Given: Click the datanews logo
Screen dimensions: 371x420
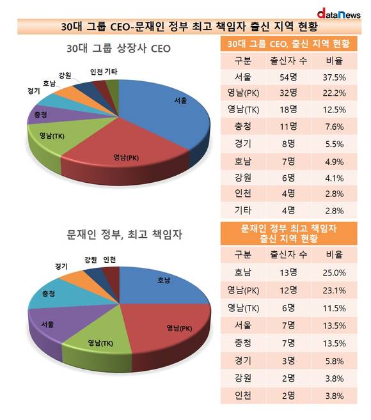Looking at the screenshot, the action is point(339,14).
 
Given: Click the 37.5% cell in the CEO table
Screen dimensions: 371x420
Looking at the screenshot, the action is point(335,77).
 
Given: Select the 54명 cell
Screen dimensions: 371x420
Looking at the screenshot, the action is point(288,77).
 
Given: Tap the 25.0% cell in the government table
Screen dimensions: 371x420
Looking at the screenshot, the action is point(335,273).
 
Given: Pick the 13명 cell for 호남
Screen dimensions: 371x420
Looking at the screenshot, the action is point(288,273).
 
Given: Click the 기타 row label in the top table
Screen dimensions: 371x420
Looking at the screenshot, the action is point(243,210).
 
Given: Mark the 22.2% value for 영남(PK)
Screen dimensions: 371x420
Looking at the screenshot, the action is point(335,93).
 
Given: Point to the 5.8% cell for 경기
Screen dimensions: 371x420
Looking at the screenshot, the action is point(335,361).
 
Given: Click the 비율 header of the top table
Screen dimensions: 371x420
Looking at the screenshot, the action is point(335,61).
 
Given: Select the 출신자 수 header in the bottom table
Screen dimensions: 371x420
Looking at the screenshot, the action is point(288,254).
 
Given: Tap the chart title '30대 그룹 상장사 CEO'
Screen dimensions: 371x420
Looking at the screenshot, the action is point(118,49).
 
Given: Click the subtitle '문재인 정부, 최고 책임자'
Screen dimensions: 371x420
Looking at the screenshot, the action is point(124,235).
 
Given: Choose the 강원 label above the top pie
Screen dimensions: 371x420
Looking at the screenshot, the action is point(65,75).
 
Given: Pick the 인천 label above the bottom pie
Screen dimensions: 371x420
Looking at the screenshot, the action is point(109,260).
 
